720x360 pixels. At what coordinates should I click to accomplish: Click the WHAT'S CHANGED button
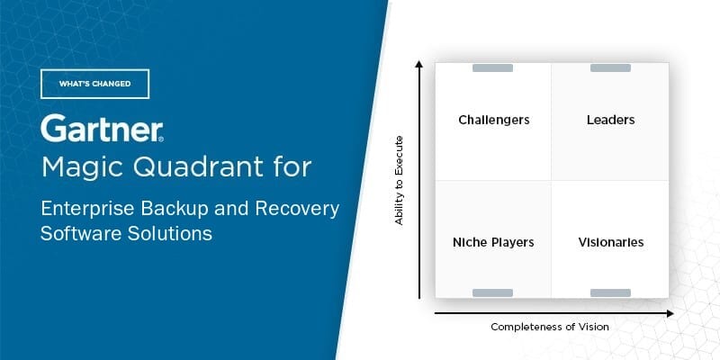point(94,84)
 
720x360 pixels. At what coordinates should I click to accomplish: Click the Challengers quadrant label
point(493,120)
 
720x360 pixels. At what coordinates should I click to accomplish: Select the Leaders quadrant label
point(610,120)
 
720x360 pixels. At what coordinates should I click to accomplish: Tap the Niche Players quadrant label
point(493,242)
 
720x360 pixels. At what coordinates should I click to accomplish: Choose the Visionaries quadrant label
point(610,242)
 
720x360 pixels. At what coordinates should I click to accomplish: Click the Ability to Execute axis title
point(400,180)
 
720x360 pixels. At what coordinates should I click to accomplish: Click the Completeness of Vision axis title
point(549,327)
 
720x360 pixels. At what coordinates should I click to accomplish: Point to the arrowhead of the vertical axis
point(419,65)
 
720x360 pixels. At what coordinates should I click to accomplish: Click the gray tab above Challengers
point(493,67)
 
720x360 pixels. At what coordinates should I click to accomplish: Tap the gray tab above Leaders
point(610,67)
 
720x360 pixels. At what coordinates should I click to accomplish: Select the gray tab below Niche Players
point(493,292)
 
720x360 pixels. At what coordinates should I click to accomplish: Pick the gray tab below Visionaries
point(610,292)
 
